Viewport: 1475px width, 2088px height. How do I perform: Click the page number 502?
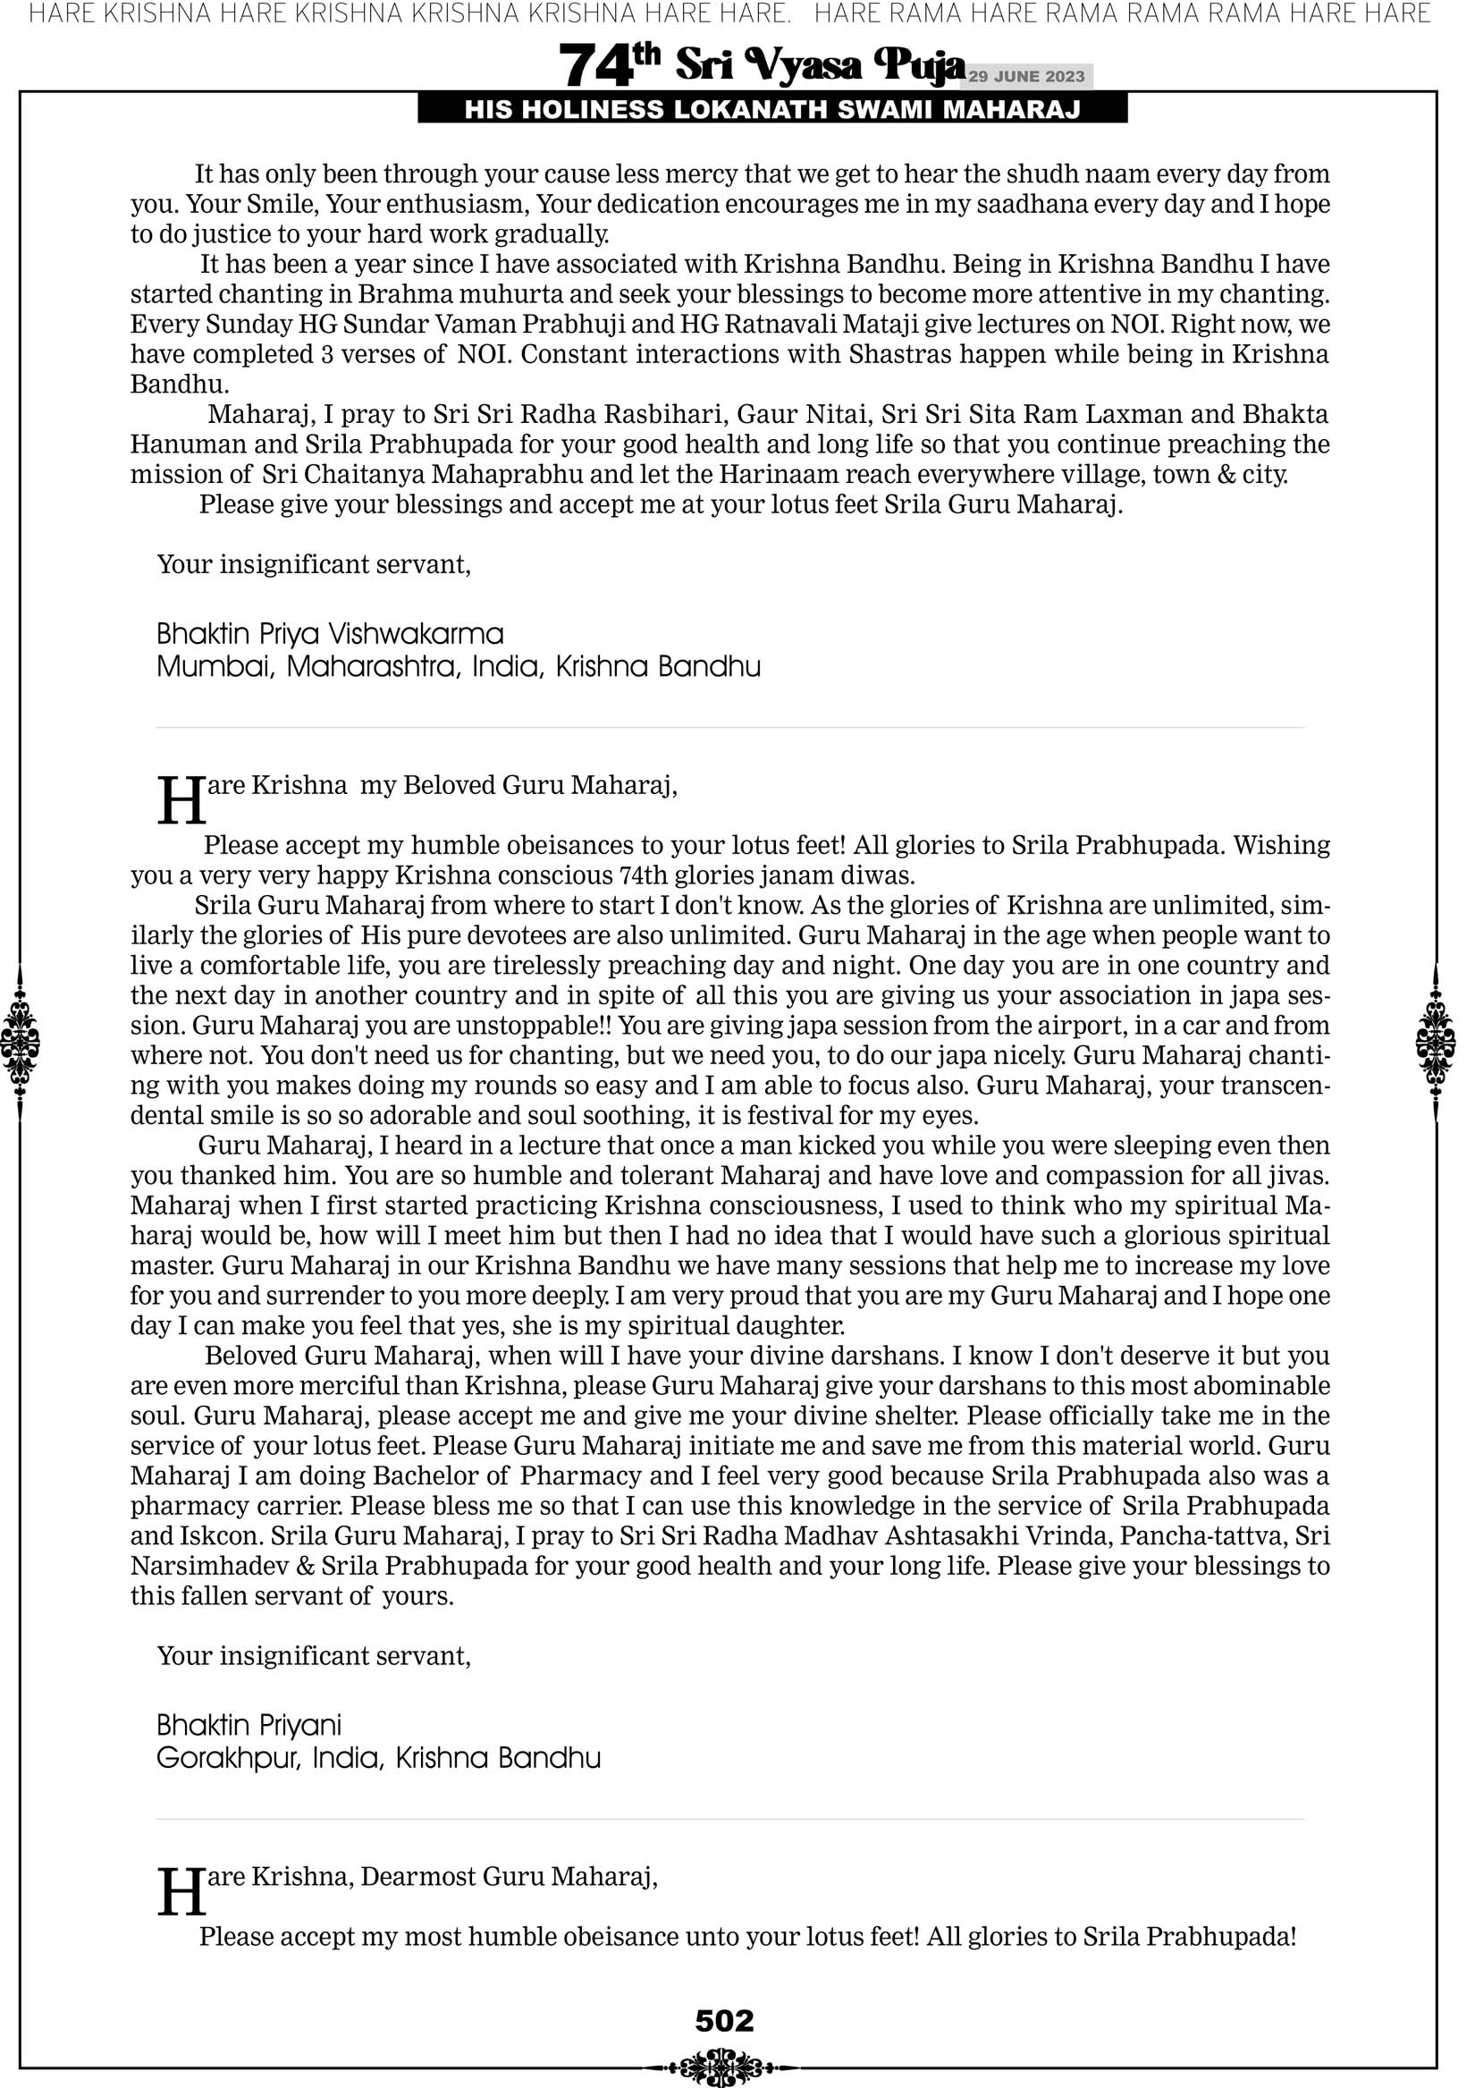[x=724, y=2020]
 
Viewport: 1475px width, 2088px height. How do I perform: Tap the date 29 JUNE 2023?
[x=1025, y=76]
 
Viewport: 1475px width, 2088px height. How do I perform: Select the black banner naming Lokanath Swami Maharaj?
[x=772, y=110]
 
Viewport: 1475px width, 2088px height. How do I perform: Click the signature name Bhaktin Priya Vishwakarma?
[x=329, y=633]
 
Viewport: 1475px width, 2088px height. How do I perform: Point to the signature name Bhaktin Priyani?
[x=249, y=1724]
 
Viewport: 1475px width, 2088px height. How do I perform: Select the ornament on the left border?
[x=20, y=1042]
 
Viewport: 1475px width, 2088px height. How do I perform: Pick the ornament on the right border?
[x=1436, y=1042]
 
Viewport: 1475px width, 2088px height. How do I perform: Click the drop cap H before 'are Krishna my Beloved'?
[x=181, y=800]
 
